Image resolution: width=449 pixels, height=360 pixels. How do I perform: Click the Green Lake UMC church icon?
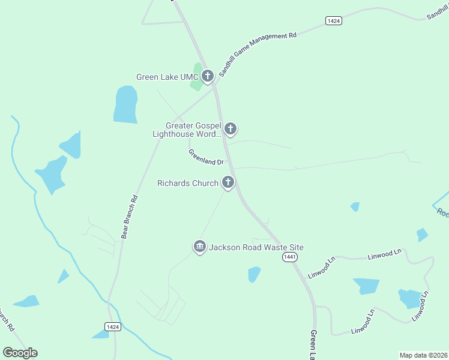coord(208,76)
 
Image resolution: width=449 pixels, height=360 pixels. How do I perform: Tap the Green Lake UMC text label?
coord(167,77)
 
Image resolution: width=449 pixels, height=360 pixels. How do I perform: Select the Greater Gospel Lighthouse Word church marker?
coord(230,128)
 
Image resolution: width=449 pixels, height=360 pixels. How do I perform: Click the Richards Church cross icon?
coord(228,182)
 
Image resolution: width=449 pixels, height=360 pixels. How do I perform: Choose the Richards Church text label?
coord(187,183)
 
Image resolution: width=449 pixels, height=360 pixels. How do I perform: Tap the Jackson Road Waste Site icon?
coord(199,247)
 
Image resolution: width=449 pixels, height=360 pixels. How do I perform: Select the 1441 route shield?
coord(289,257)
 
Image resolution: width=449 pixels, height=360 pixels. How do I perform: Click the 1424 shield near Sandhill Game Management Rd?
coord(334,21)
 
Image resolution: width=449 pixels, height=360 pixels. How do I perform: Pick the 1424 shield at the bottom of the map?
coord(112,326)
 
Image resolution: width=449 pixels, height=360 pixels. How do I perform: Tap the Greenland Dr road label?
coord(206,158)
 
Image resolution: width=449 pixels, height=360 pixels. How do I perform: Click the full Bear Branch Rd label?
coord(130,217)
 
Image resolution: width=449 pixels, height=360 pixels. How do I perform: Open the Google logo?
coord(20,352)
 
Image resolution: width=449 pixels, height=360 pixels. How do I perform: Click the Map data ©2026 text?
coord(423,355)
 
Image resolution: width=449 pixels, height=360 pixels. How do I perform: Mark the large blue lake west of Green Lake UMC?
coord(125,104)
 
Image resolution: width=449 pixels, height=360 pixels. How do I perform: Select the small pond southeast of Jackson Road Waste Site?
coord(255,274)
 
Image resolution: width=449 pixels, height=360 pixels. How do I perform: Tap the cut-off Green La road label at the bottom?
coord(313,344)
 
